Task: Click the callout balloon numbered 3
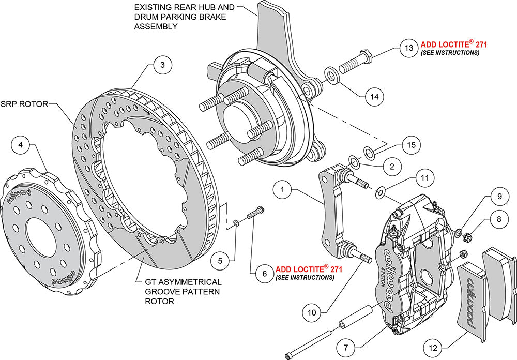pyautogui.click(x=162, y=65)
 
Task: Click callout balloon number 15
pyautogui.click(x=410, y=145)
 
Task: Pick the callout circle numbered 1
pyautogui.click(x=283, y=190)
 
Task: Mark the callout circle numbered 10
pyautogui.click(x=313, y=312)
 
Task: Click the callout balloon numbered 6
pyautogui.click(x=264, y=273)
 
